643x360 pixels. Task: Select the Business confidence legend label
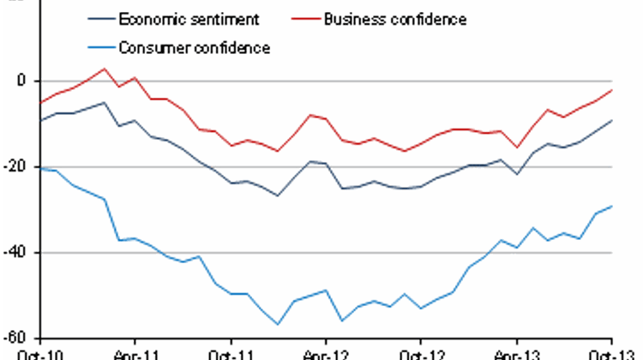coord(396,18)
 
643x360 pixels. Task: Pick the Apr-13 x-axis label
coord(517,353)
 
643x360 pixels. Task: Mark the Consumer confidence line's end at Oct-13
coord(611,206)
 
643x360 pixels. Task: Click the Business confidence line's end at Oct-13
coord(611,90)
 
